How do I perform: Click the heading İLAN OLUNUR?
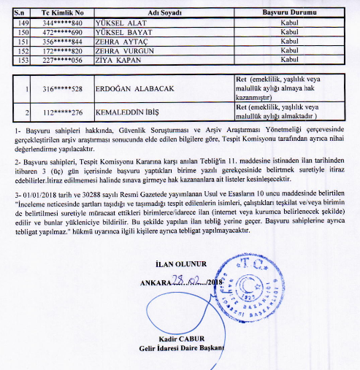(x=182, y=263)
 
